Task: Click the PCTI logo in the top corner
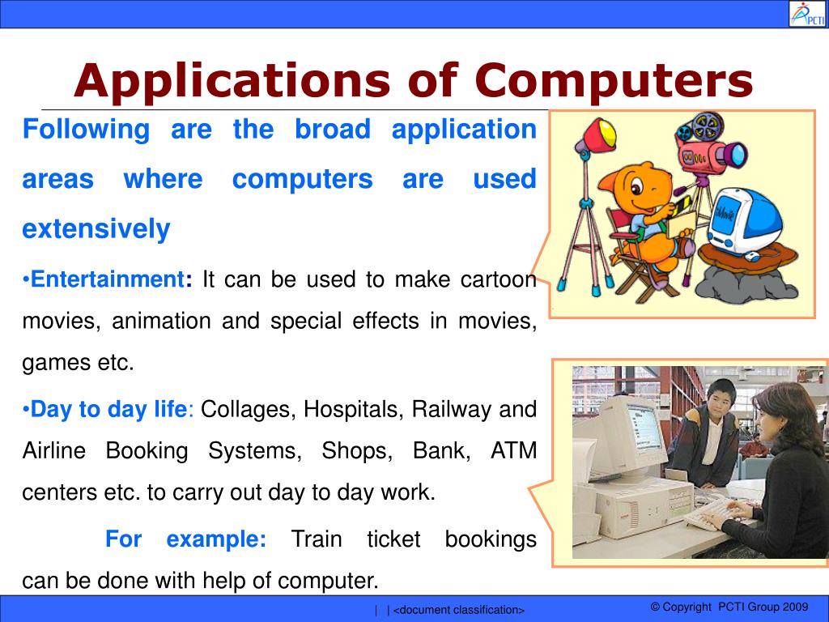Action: point(807,14)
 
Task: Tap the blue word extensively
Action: point(96,229)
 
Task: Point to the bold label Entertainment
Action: point(108,279)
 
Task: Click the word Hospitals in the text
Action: point(353,409)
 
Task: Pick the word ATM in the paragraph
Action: point(513,450)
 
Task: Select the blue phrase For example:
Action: point(185,539)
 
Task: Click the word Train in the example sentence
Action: point(317,539)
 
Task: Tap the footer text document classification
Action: point(458,610)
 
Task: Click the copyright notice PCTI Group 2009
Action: point(729,607)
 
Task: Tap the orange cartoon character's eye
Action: point(637,187)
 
